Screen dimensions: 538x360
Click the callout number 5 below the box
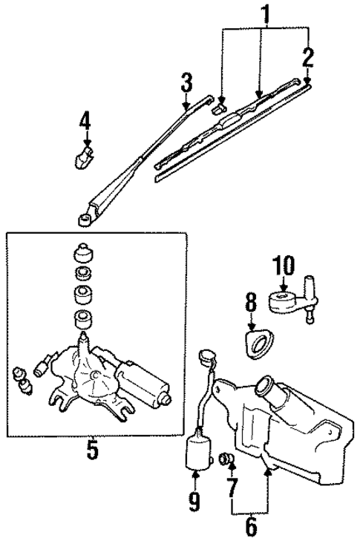[92, 450]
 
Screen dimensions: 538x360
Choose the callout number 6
[250, 526]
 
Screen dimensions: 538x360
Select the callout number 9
[194, 502]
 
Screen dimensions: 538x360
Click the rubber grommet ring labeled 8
[260, 345]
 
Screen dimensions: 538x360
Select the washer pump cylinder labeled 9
[198, 453]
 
